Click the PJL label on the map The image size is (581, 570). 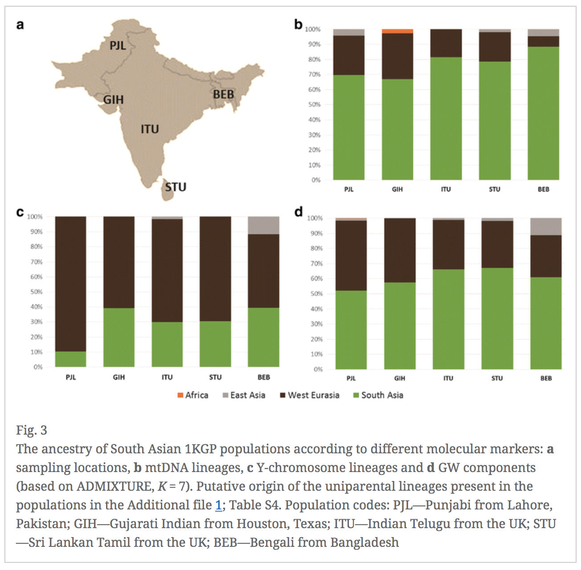coord(118,45)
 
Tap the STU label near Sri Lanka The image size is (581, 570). coord(176,187)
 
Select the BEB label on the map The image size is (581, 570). coord(223,94)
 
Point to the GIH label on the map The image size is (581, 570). coord(114,100)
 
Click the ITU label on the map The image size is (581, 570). coord(150,129)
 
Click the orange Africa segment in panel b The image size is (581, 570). coord(397,31)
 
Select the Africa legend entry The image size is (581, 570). coord(193,395)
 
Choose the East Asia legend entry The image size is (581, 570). coord(244,395)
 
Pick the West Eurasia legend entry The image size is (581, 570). coord(310,395)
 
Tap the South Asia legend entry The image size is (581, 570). coord(378,395)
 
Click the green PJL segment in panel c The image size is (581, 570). coord(70,359)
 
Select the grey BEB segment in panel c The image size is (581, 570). coord(263,225)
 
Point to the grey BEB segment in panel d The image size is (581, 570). coord(546,227)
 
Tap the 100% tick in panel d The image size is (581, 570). coord(315,218)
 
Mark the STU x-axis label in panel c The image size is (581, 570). coord(215,377)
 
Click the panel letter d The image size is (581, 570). coord(298,212)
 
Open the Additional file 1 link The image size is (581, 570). coord(218,505)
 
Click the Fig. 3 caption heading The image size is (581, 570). coord(32,430)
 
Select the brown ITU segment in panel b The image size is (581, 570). coord(446,43)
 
